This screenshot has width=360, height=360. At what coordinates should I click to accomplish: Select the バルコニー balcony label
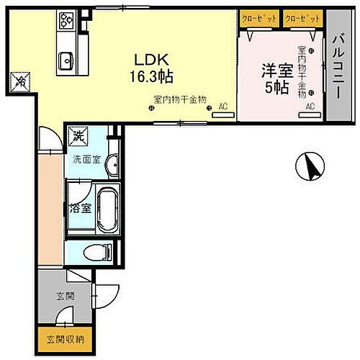tap(336, 64)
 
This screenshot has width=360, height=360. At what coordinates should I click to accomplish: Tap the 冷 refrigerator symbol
tap(20, 82)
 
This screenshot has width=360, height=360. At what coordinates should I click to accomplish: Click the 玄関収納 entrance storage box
tap(60, 338)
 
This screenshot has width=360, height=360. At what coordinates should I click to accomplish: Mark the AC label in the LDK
tap(222, 107)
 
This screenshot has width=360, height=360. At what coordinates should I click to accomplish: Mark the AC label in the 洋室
tap(310, 107)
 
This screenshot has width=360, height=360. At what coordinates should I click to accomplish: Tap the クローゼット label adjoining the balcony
tap(302, 17)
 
